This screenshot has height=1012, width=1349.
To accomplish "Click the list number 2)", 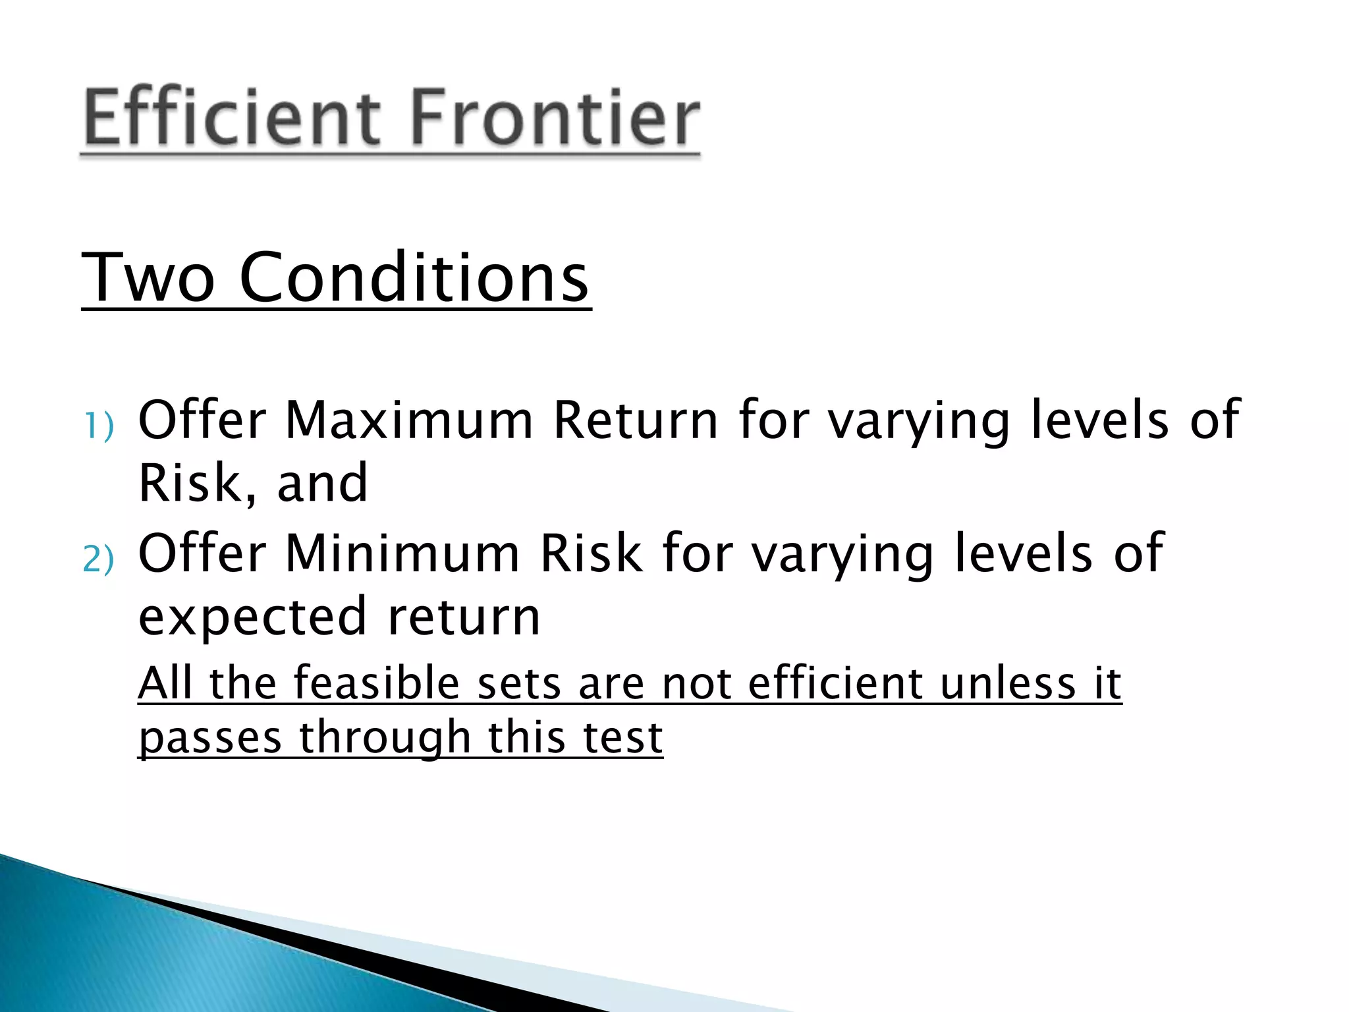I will [x=99, y=559].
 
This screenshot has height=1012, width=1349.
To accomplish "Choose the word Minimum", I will [x=402, y=553].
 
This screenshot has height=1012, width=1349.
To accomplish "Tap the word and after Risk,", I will [x=322, y=484].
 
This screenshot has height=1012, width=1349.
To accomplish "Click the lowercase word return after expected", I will [x=464, y=617].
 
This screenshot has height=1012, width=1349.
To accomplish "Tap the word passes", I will [x=210, y=738].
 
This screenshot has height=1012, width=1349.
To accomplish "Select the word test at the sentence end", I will [x=622, y=738].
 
